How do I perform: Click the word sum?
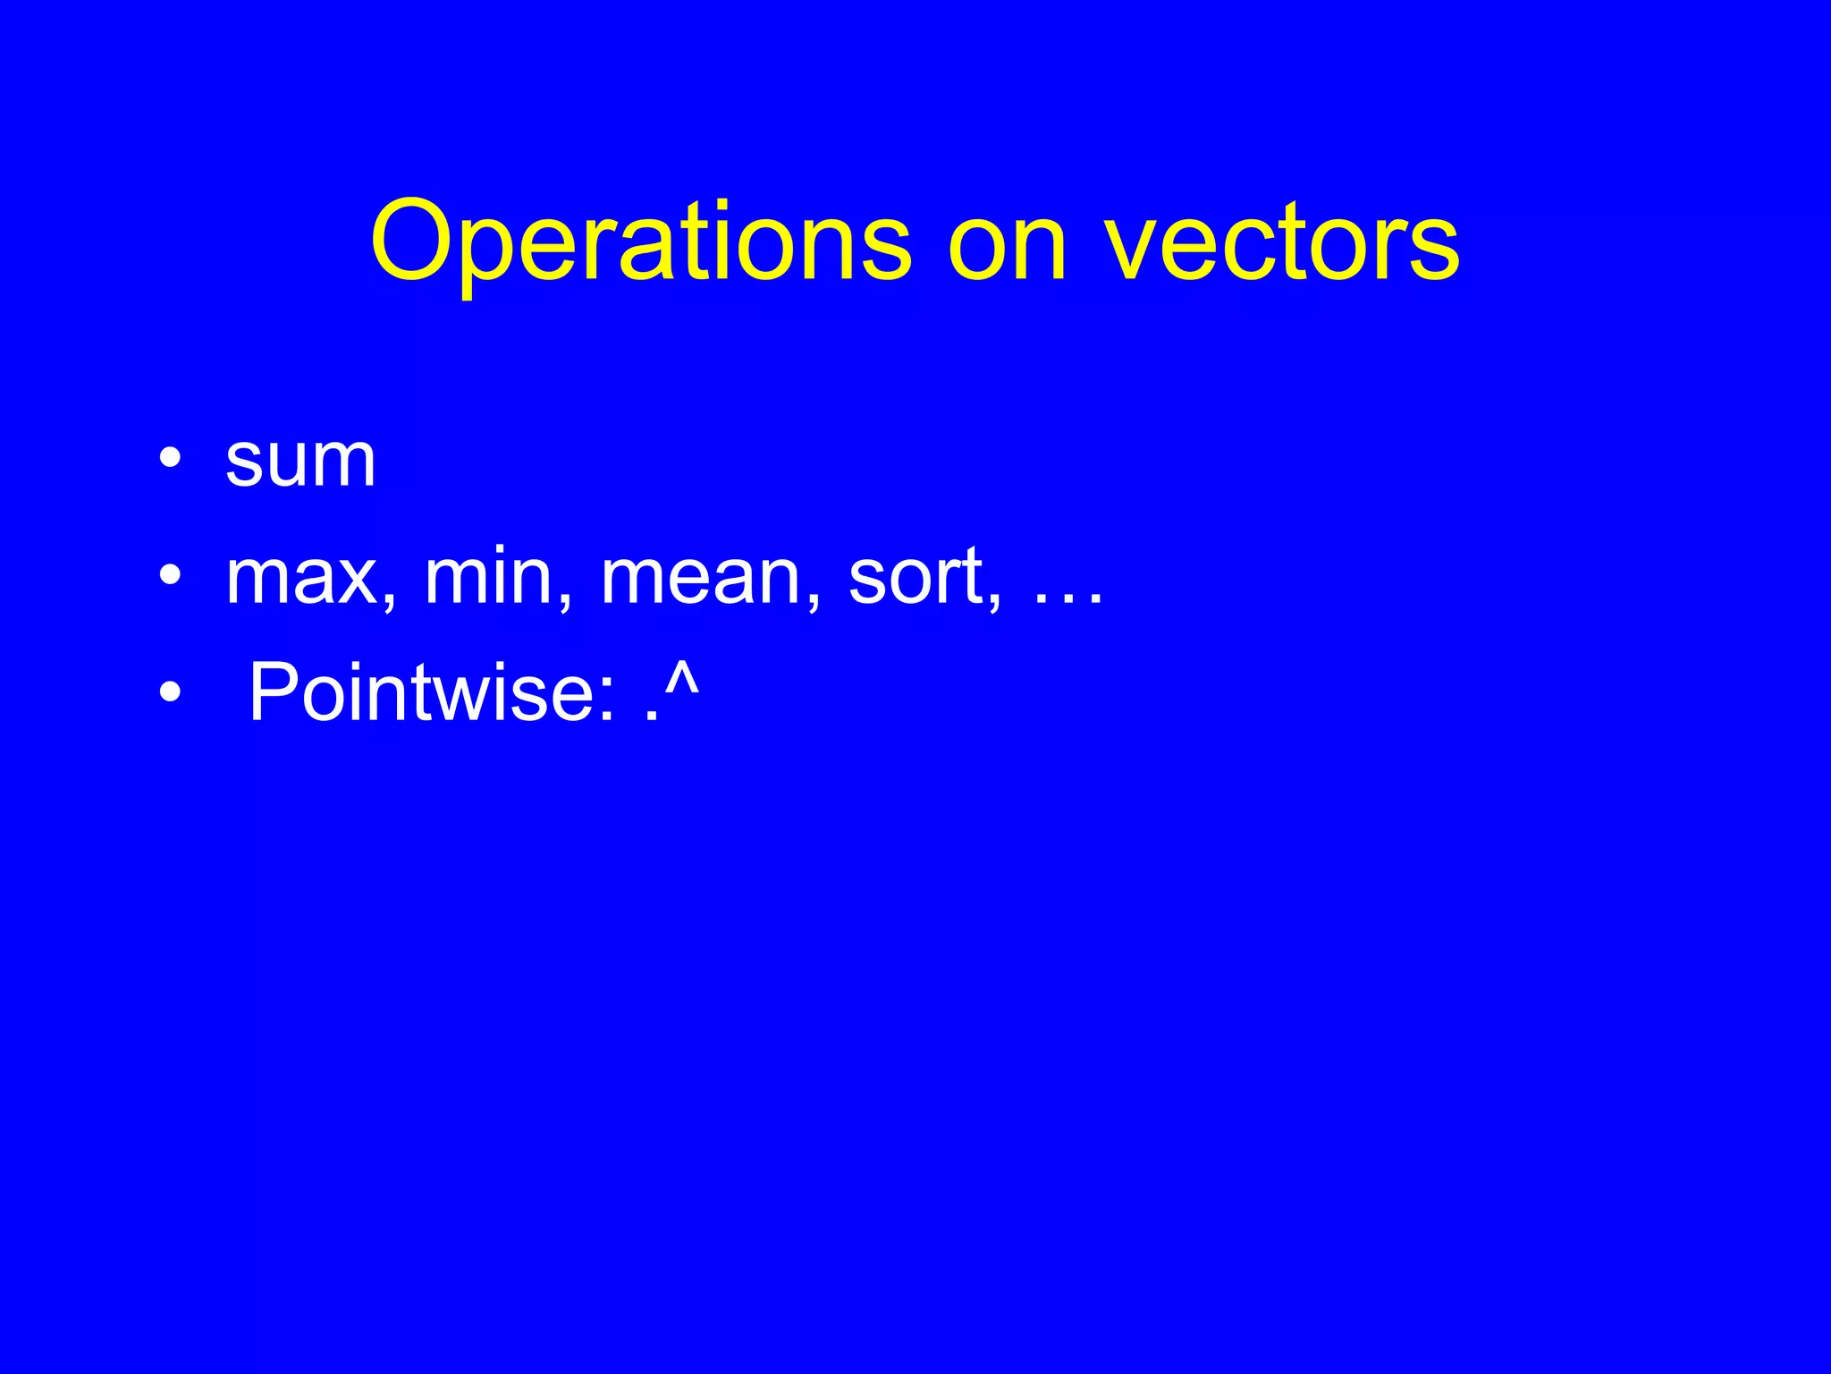(300, 462)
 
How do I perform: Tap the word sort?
(915, 577)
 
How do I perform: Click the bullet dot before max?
(171, 577)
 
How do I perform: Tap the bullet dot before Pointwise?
(171, 692)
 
